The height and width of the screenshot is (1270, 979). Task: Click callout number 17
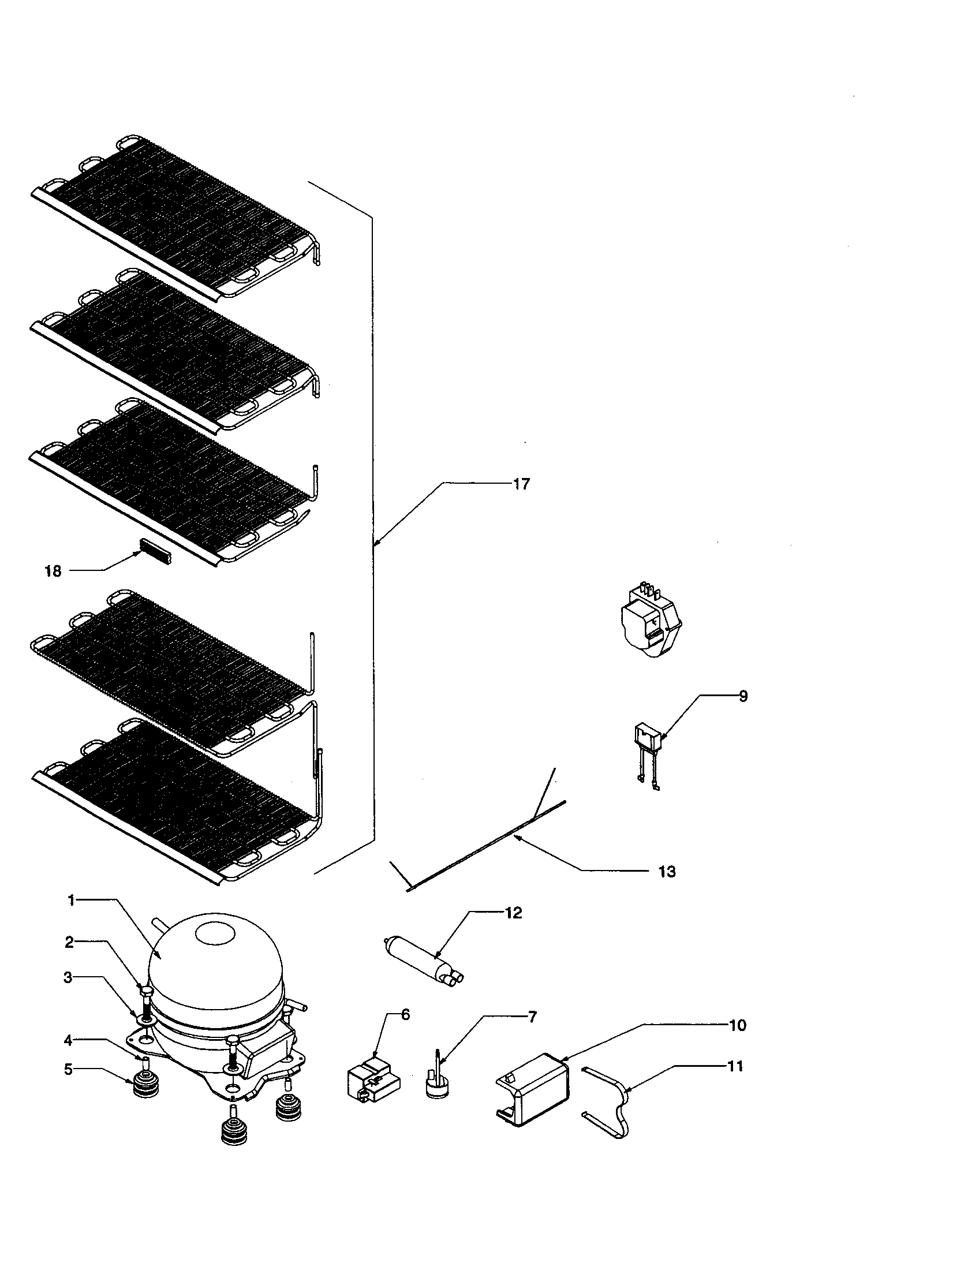521,484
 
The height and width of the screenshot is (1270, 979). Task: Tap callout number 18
53,571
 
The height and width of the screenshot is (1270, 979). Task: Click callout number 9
743,696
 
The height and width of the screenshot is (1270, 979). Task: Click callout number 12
513,913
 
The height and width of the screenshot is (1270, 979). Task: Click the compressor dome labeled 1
215,959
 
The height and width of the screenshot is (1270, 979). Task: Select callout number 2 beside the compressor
69,943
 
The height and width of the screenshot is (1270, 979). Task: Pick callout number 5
69,1069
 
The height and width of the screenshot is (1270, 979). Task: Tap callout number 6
405,1015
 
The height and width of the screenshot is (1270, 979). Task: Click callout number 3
69,978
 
